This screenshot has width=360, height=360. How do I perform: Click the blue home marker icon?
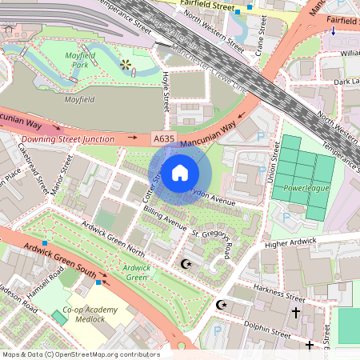(x=180, y=172)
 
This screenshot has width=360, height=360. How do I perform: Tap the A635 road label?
(x=163, y=138)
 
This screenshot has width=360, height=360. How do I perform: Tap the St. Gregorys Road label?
(x=214, y=243)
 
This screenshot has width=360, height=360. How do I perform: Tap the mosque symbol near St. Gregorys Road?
(x=187, y=263)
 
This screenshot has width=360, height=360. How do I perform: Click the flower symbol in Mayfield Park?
(x=125, y=63)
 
